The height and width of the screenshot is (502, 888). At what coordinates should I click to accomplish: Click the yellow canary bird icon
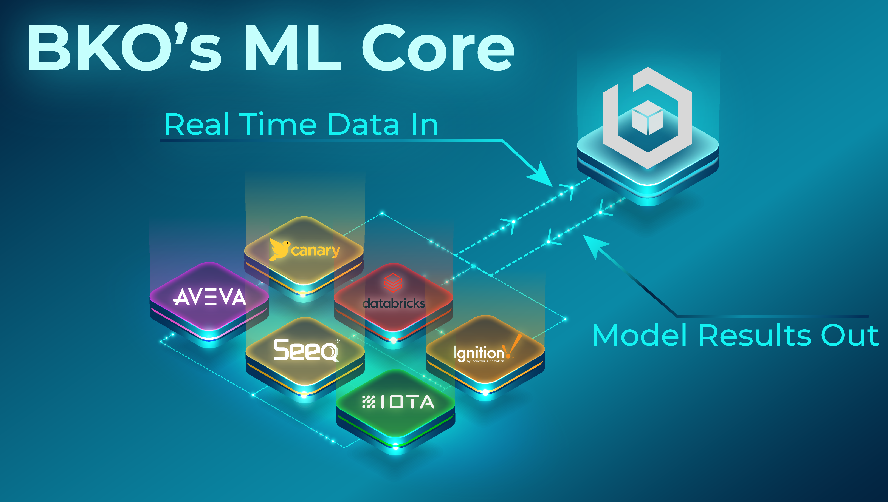(279, 249)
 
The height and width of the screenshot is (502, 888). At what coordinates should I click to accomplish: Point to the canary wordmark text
(316, 251)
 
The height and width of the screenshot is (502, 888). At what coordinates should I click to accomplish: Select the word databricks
(394, 303)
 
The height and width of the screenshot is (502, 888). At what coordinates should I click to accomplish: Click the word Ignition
(479, 353)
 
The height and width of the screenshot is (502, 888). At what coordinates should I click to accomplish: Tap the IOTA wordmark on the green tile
(407, 402)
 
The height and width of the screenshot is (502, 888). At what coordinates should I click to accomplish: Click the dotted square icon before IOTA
(369, 402)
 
